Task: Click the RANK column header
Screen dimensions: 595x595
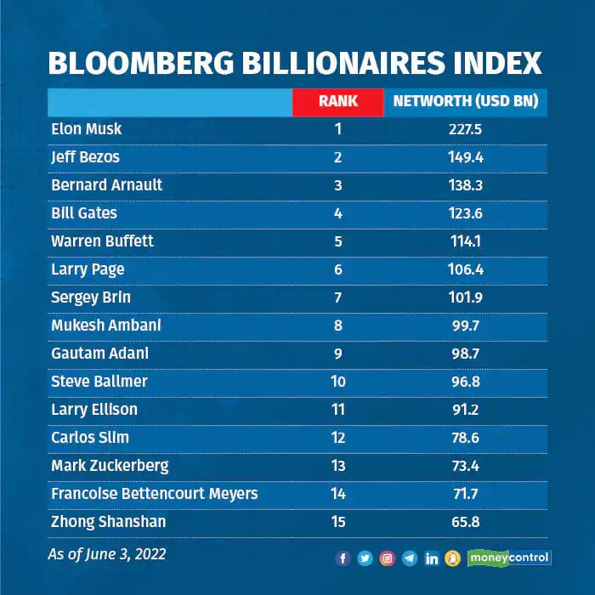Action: [x=338, y=102]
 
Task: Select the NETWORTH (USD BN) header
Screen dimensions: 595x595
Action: [x=466, y=102]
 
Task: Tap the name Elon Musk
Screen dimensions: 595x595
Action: [x=87, y=129]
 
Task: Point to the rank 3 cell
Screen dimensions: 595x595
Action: [x=338, y=185]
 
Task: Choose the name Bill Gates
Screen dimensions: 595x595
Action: [x=84, y=213]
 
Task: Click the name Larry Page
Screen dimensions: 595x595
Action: [x=88, y=269]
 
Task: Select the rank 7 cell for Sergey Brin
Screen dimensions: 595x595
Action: [x=338, y=297]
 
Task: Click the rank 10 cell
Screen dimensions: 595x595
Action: [x=338, y=382]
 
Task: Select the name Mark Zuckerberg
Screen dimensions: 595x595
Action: [x=110, y=466]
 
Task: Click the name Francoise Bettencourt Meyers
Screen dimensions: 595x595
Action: [x=154, y=494]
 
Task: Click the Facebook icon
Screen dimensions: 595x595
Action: [x=343, y=558]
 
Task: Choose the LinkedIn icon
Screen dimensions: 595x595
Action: [x=432, y=558]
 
